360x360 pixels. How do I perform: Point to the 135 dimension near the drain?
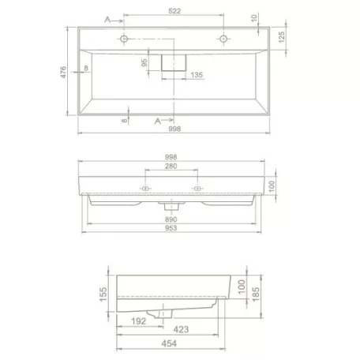(x=198, y=75)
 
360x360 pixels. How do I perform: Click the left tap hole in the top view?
(x=123, y=38)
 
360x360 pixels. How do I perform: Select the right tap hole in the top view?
(x=223, y=38)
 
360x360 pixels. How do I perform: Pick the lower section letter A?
(x=158, y=120)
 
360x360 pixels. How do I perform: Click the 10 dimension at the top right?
(x=255, y=17)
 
